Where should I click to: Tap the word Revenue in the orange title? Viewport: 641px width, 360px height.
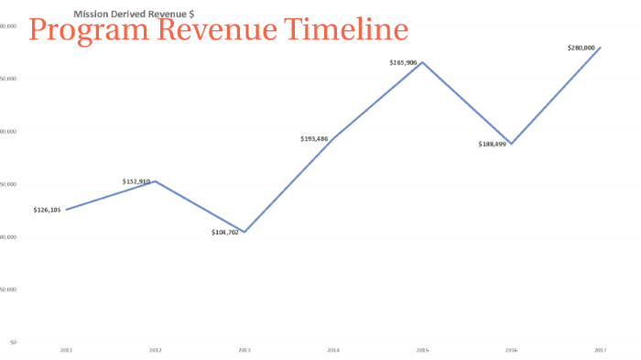pos(212,30)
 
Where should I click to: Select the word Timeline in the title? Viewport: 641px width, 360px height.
pos(344,30)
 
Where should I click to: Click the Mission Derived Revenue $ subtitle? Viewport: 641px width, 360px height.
pos(133,15)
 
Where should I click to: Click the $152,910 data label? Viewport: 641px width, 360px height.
pos(136,181)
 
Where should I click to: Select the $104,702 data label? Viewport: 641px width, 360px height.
pos(225,233)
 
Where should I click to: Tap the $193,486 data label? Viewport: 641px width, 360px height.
pos(315,138)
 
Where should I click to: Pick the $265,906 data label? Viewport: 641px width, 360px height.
pos(404,62)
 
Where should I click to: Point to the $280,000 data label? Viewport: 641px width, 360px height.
pos(582,47)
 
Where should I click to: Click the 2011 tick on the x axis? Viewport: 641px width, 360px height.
pos(66,350)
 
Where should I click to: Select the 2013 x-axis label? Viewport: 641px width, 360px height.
pos(244,350)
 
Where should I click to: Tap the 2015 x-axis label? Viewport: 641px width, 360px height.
pos(422,350)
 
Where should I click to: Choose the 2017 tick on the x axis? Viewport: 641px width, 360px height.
pos(601,350)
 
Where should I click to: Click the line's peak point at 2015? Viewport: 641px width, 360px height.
pos(422,62)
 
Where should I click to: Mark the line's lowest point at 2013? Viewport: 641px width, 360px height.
pos(244,232)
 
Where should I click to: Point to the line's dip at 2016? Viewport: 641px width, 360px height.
pos(511,144)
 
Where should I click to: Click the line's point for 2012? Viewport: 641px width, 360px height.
pos(155,181)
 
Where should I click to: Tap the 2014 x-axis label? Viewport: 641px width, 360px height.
pos(333,350)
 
